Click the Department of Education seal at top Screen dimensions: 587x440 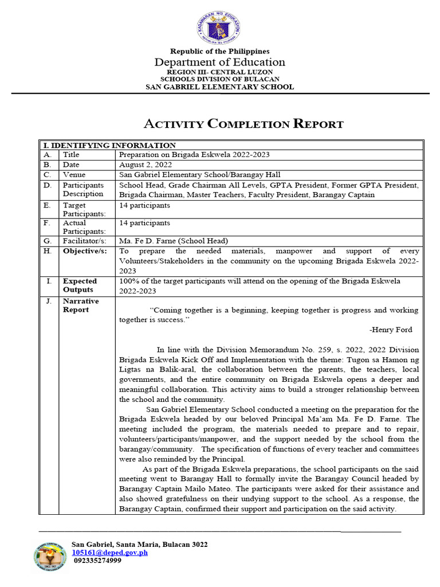coord(219,29)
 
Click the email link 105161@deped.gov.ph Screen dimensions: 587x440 coord(109,553)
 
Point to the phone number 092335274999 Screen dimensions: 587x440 coord(98,561)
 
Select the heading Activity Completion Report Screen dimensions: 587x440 coord(242,124)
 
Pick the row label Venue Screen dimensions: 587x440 coord(74,175)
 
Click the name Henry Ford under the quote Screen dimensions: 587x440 coord(391,330)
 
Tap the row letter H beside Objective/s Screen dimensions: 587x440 coord(48,251)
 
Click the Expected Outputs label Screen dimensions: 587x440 coord(80,285)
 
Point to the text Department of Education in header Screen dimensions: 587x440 coord(220,62)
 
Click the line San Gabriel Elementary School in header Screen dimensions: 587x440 coord(220,87)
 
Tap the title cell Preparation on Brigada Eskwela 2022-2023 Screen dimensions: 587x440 coord(194,155)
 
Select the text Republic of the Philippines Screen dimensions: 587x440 coord(220,52)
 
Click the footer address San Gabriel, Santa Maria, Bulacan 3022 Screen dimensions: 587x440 coord(139,544)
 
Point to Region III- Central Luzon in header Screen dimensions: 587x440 coord(220,72)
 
